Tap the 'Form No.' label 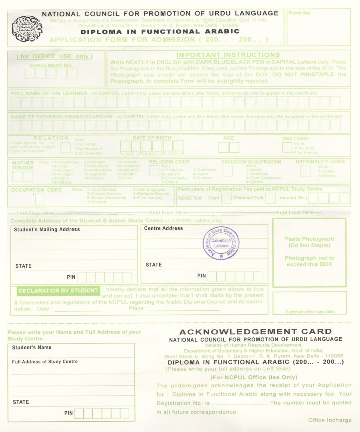click(x=300, y=13)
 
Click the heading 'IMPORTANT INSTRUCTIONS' click(x=228, y=55)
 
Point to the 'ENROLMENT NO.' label click(x=51, y=65)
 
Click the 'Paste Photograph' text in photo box click(x=309, y=239)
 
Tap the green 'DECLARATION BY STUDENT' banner click(x=58, y=291)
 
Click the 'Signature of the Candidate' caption click(x=310, y=312)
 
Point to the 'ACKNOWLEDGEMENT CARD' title click(x=255, y=332)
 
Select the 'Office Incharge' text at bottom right click(x=330, y=420)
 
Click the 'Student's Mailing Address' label click(x=47, y=230)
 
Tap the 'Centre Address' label click(x=163, y=228)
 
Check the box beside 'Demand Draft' click(x=270, y=198)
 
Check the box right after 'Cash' click(x=226, y=198)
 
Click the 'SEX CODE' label click(x=295, y=139)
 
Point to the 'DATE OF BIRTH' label click(x=152, y=138)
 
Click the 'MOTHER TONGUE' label click(x=23, y=166)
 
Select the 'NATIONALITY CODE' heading click(x=320, y=162)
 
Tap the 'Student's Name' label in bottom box click(x=32, y=348)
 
